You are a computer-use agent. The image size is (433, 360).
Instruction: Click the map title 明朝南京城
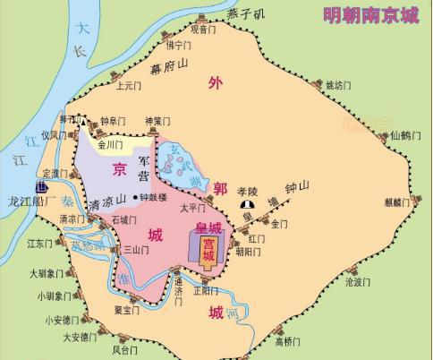pyautogui.click(x=372, y=15)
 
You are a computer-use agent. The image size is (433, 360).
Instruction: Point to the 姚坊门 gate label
pyautogui.click(x=338, y=85)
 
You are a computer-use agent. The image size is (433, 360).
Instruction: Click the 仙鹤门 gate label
pyautogui.click(x=406, y=136)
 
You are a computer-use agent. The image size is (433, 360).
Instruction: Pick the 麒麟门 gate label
pyautogui.click(x=398, y=201)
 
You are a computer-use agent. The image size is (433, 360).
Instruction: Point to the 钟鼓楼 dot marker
pyautogui.click(x=135, y=197)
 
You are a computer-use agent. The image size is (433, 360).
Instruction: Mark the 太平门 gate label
pyautogui.click(x=193, y=207)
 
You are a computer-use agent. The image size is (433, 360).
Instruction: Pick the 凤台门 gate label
pyautogui.click(x=125, y=351)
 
